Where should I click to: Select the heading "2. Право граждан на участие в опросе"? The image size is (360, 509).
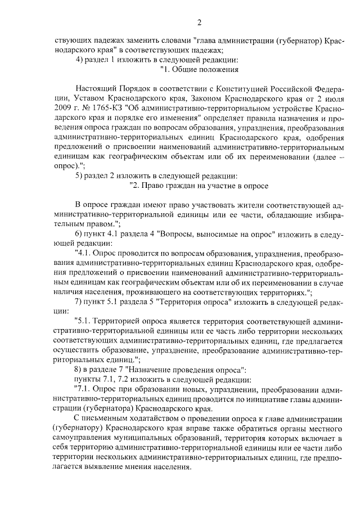pos(199,184)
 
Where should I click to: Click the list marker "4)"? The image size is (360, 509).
pos(79,60)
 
